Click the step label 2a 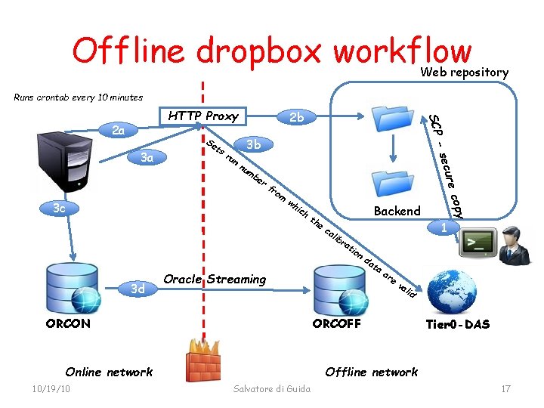click(x=119, y=130)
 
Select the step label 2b click(x=297, y=117)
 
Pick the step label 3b click(x=254, y=144)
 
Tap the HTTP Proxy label click(x=203, y=116)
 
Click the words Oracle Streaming click(x=215, y=279)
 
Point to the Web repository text click(x=465, y=73)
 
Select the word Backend click(x=397, y=211)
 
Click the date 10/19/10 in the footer click(x=47, y=388)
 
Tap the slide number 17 click(x=505, y=388)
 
